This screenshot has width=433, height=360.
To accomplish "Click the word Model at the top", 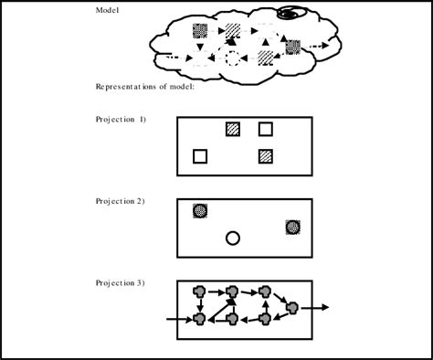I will coord(109,10).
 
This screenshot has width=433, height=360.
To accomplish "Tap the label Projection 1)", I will coord(121,119).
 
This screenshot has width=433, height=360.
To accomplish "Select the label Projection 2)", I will coord(121,200).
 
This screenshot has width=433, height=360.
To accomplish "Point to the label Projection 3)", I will coord(121,282).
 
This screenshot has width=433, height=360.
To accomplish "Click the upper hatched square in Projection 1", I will coord(233,129).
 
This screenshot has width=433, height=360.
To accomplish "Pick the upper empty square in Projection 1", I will coord(266,129).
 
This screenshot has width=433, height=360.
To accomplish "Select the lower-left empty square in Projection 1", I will coord(200,156).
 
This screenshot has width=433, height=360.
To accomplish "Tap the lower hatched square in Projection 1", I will coord(266,156).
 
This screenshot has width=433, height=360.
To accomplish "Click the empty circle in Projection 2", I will coord(233,238).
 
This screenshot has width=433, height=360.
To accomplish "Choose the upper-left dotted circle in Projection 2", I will coord(200,211).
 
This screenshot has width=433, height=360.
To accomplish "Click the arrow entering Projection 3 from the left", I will coord(178,320).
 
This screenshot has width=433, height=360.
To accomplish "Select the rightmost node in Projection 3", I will coord(292,309).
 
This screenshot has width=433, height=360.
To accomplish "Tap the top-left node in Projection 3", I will coord(200,292).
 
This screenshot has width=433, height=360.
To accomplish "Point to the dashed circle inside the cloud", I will coord(232,59).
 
